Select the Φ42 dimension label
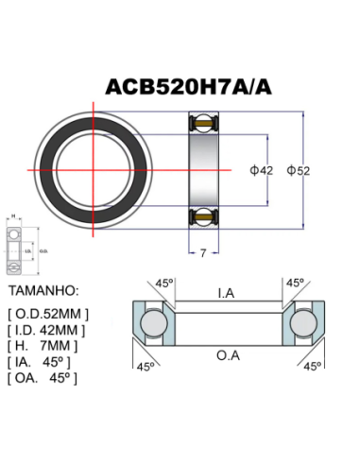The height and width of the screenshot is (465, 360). tap(263, 170)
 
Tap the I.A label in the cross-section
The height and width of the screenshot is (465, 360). tap(226, 294)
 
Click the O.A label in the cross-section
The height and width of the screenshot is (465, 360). tap(226, 356)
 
